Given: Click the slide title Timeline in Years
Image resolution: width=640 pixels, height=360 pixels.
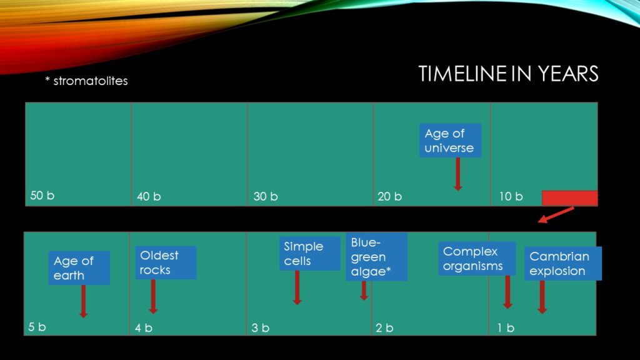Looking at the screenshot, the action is coord(508,74).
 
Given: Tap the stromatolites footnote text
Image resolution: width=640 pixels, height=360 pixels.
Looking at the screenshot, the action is coord(86,81).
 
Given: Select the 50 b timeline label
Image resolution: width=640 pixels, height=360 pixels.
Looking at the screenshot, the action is coord(42,196).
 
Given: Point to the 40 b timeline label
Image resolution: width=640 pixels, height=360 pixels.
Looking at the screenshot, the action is coord(149,196).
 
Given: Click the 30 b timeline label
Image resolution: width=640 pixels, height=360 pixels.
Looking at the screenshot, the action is coord(265,196).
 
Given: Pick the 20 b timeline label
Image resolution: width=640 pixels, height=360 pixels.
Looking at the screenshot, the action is coord(389,196).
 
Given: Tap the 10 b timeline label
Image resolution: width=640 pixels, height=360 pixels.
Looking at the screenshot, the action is coord(511,196).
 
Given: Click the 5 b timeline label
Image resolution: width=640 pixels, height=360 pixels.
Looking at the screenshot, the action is coord(37,327).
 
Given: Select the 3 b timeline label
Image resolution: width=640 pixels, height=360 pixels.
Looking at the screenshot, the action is coord(260,327).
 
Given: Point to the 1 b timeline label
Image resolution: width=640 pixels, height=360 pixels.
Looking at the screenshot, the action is coord(506,327).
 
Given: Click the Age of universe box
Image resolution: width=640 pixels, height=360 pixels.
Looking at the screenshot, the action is coord(450,141).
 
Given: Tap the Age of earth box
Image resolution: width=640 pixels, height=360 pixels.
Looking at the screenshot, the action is coord(79,267).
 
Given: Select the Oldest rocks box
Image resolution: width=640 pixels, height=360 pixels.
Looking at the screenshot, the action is coord(166,262).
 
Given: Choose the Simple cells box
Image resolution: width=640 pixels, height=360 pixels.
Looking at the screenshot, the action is coord(310,254).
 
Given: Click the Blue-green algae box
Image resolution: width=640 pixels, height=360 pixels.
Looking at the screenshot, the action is coord(376,257).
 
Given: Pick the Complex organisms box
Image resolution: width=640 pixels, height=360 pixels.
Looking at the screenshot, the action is coord(477,258).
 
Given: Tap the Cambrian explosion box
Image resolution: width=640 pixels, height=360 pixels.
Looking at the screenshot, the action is coord(563,263).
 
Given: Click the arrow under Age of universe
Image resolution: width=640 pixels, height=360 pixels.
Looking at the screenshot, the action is coord(458,174).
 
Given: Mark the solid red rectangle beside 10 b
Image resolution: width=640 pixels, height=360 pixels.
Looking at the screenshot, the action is coord(570,198).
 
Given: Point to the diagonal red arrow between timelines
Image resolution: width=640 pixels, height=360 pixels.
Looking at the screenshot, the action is coord(556,215).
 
